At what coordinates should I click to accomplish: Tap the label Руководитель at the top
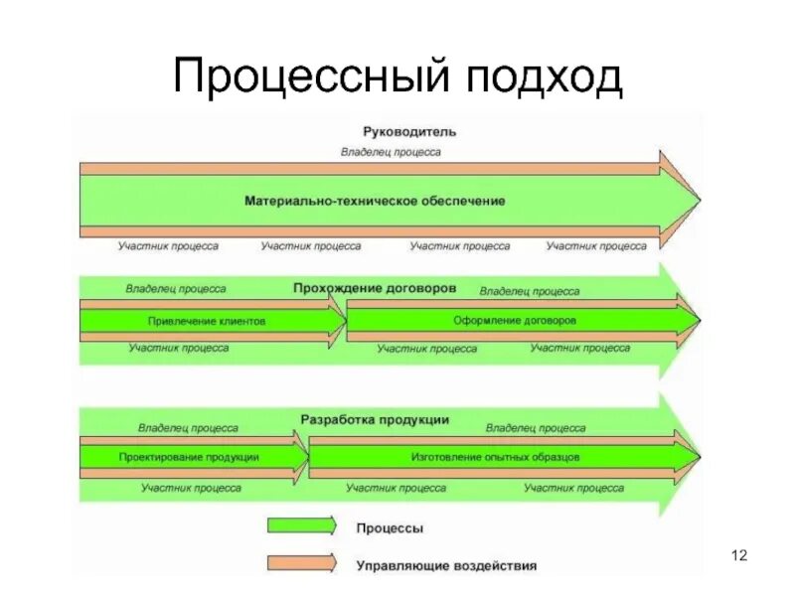pyautogui.click(x=396, y=131)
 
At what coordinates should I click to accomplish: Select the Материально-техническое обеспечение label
pyautogui.click(x=375, y=201)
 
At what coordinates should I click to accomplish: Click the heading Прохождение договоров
pyautogui.click(x=375, y=288)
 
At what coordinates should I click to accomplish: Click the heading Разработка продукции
pyautogui.click(x=375, y=420)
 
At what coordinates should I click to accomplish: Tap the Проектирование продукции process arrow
pyautogui.click(x=189, y=457)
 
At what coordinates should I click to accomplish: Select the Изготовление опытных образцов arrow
pyautogui.click(x=495, y=457)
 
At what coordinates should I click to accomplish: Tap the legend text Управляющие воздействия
pyautogui.click(x=446, y=565)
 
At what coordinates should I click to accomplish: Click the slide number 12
pyautogui.click(x=737, y=554)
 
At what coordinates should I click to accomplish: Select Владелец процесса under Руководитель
pyautogui.click(x=391, y=152)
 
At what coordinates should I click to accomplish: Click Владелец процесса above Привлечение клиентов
pyautogui.click(x=175, y=289)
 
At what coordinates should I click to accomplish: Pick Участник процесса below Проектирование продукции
pyautogui.click(x=191, y=488)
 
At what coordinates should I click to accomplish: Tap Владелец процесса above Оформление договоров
pyautogui.click(x=529, y=292)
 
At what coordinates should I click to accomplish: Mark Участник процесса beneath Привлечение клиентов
pyautogui.click(x=178, y=348)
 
